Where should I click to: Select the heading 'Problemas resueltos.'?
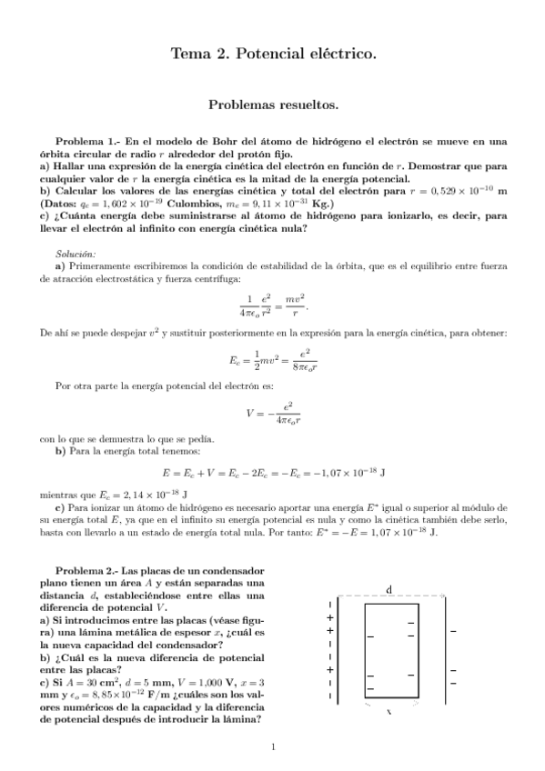point(273,105)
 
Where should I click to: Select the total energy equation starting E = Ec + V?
point(273,473)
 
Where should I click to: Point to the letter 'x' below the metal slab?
point(389,712)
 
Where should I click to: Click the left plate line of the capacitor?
point(338,647)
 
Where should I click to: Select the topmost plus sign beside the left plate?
point(328,617)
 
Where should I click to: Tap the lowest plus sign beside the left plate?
point(328,670)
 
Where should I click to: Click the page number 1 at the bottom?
point(273,747)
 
